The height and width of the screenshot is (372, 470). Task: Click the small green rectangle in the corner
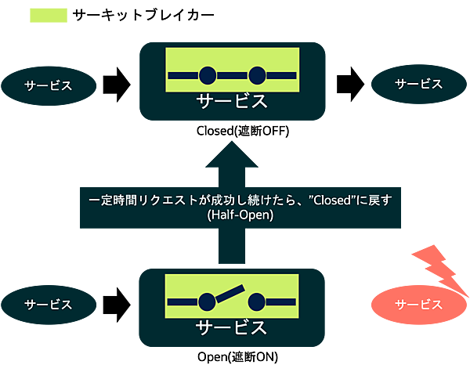point(49,16)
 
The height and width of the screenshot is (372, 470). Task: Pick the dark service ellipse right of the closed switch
point(418,84)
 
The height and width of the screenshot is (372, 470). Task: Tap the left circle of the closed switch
point(208,75)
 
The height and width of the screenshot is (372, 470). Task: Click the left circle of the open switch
point(208,302)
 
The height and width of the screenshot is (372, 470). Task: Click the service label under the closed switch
point(232,101)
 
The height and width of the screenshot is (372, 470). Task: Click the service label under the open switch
point(232,327)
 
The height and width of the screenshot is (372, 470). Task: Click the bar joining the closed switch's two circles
point(233,75)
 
